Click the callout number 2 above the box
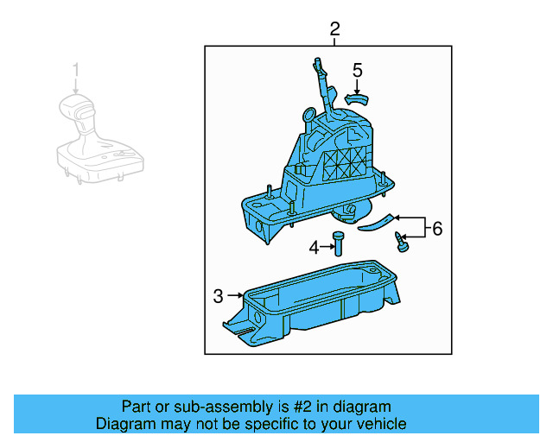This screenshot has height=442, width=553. (x=334, y=28)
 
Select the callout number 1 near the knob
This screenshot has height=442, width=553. (x=76, y=70)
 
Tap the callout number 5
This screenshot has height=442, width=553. (x=357, y=71)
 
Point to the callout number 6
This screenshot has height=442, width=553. (x=437, y=229)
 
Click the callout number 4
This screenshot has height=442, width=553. (x=314, y=248)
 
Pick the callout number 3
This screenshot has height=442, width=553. (x=219, y=296)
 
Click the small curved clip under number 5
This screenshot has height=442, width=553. (x=356, y=99)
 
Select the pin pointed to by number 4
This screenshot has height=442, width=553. (x=338, y=243)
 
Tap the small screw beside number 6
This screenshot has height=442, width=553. (x=401, y=242)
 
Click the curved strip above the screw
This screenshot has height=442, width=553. (x=377, y=223)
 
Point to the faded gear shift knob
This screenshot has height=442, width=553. (x=100, y=138)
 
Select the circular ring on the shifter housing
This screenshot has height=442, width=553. (x=309, y=114)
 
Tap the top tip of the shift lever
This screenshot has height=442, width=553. (x=317, y=59)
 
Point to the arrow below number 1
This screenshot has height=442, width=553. (x=76, y=86)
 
